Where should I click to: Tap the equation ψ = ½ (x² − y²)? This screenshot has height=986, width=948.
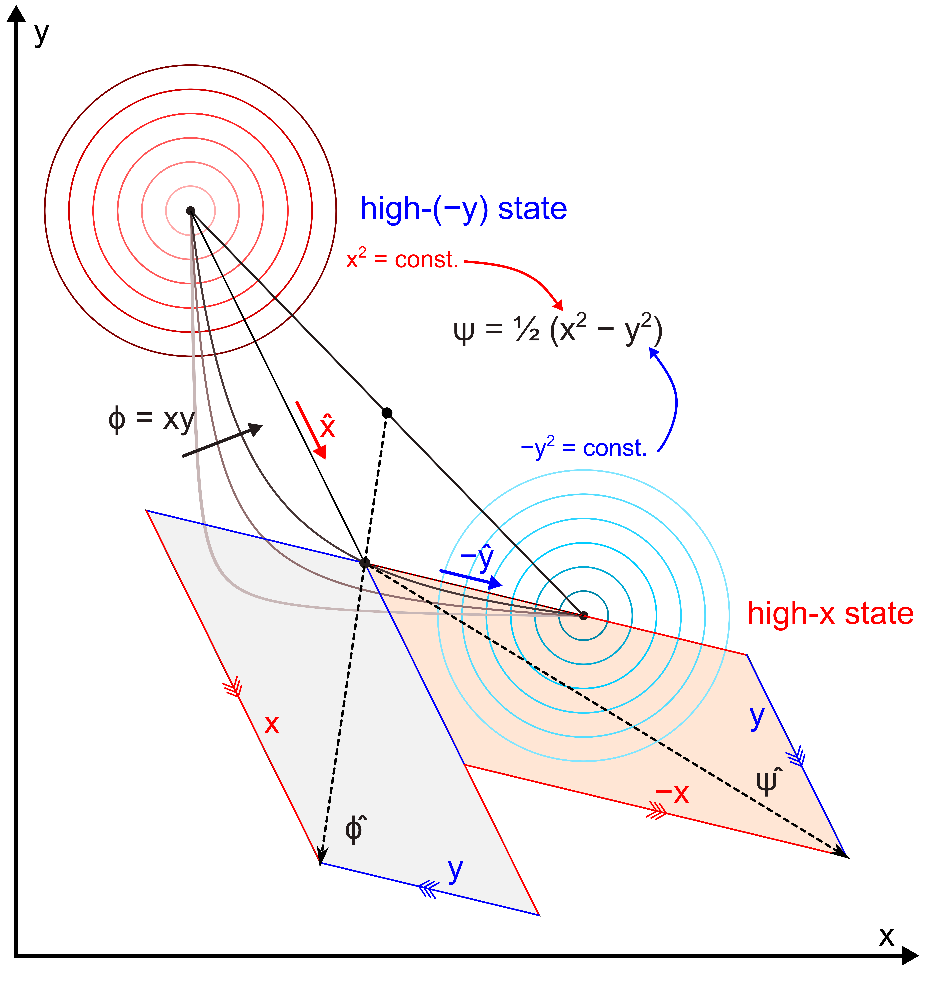pyautogui.click(x=557, y=330)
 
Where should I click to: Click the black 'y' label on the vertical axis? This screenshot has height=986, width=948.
pyautogui.click(x=41, y=34)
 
